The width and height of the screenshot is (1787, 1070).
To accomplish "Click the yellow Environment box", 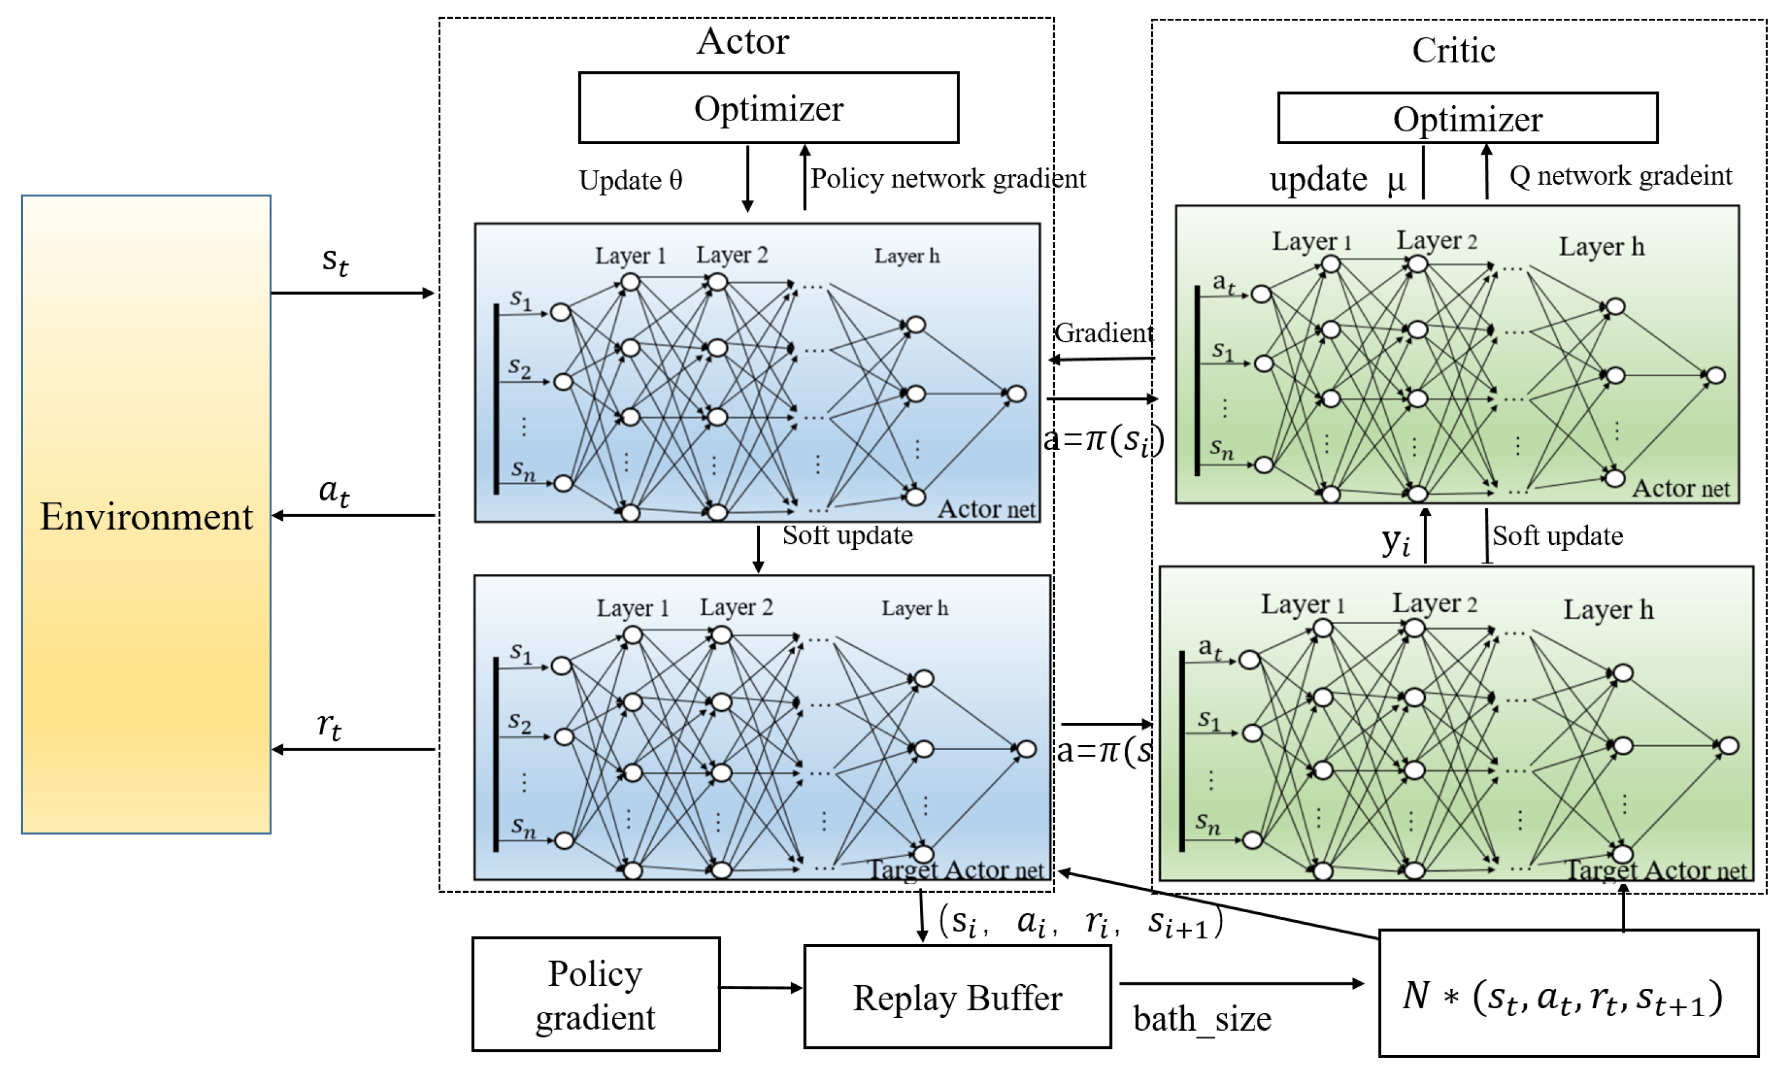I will (x=146, y=514).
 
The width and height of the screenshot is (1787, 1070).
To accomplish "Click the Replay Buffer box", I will (x=957, y=997).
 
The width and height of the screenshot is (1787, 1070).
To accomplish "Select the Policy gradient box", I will (x=596, y=994).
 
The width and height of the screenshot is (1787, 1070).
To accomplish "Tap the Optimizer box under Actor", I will (x=768, y=108).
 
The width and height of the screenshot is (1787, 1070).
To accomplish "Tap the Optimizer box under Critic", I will (x=1467, y=118).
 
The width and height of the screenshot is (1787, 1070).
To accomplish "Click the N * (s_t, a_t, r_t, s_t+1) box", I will (x=1568, y=994).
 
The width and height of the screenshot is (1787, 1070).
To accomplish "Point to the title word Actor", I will (x=742, y=41).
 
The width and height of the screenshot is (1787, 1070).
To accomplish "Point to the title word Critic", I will (x=1453, y=50).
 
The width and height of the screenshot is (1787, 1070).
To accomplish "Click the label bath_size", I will (x=1202, y=1019).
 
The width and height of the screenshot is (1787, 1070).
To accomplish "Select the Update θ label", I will (x=630, y=180).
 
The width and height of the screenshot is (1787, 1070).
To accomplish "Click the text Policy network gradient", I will (x=947, y=178).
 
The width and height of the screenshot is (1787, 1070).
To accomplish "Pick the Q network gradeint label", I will (x=1619, y=175).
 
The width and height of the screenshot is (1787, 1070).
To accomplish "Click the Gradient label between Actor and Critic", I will (x=1103, y=333).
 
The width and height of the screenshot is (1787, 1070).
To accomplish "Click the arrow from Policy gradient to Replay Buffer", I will (x=761, y=988).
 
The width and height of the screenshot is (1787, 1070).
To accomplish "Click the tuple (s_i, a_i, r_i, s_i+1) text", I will (x=1080, y=922).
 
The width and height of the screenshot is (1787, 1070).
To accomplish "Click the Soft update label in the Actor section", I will (x=848, y=535).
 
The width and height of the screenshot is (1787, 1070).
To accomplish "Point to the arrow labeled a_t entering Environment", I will (x=353, y=515).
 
